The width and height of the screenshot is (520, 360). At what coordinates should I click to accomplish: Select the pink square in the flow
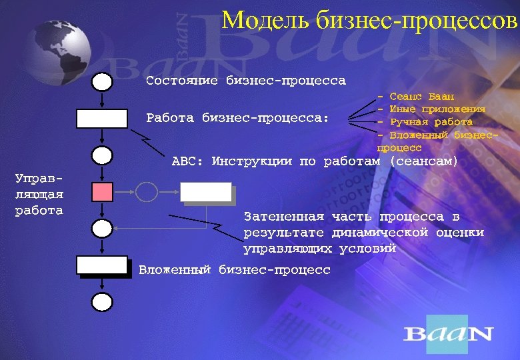pyautogui.click(x=101, y=192)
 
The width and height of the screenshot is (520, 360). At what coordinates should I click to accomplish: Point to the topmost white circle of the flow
pyautogui.click(x=101, y=82)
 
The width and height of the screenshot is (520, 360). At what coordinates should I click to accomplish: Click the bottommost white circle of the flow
pyautogui.click(x=101, y=302)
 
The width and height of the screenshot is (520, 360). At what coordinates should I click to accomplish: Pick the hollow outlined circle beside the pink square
pyautogui.click(x=147, y=192)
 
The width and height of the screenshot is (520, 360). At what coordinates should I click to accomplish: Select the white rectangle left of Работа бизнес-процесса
pyautogui.click(x=101, y=119)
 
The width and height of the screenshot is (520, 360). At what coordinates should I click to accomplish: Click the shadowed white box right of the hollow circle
pyautogui.click(x=206, y=192)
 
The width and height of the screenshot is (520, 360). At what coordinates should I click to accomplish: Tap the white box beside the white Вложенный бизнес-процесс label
pyautogui.click(x=101, y=265)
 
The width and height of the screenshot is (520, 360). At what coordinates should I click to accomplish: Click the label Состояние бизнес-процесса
pyautogui.click(x=245, y=81)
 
